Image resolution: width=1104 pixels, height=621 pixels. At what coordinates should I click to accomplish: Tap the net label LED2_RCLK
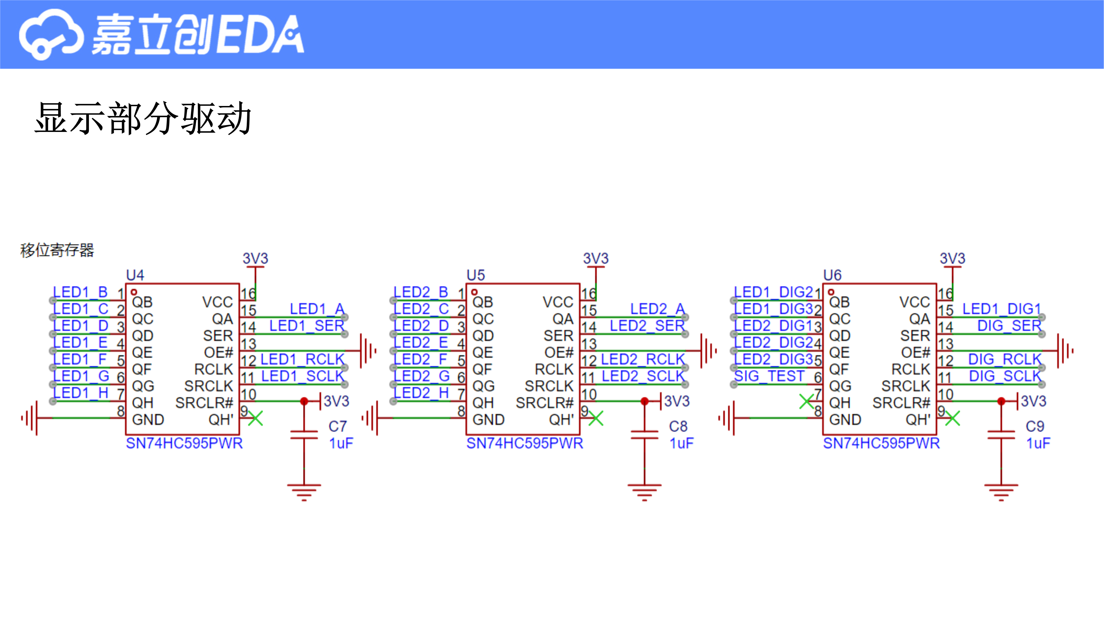pyautogui.click(x=643, y=359)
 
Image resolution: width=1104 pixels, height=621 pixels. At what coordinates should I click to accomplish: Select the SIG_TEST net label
pyautogui.click(x=769, y=376)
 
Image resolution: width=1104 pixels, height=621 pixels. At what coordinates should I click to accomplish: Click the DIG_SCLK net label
pyautogui.click(x=1005, y=376)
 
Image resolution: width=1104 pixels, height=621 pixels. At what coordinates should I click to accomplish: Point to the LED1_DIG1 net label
pyautogui.click(x=1002, y=309)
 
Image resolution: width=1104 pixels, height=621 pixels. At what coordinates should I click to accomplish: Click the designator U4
pyautogui.click(x=135, y=275)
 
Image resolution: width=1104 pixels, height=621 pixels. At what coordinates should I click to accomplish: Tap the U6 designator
pyautogui.click(x=832, y=275)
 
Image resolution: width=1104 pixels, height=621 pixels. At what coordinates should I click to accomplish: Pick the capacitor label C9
pyautogui.click(x=1035, y=426)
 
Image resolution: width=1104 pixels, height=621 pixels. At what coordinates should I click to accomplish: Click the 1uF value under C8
pyautogui.click(x=681, y=443)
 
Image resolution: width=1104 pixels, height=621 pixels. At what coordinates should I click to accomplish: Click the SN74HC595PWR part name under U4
pyautogui.click(x=184, y=443)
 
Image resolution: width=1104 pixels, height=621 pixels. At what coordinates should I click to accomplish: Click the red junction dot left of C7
pyautogui.click(x=304, y=401)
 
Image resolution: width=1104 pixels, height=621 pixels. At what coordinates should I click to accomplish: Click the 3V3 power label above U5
pyautogui.click(x=596, y=258)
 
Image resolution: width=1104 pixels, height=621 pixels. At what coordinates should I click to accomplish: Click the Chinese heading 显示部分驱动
pyautogui.click(x=143, y=119)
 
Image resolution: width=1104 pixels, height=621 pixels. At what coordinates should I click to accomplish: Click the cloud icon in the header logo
pyautogui.click(x=51, y=34)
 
